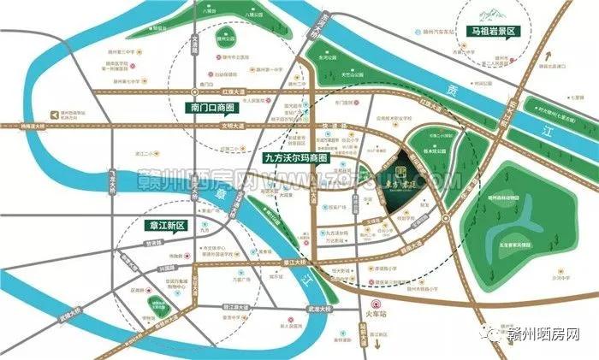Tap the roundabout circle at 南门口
(205, 88)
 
